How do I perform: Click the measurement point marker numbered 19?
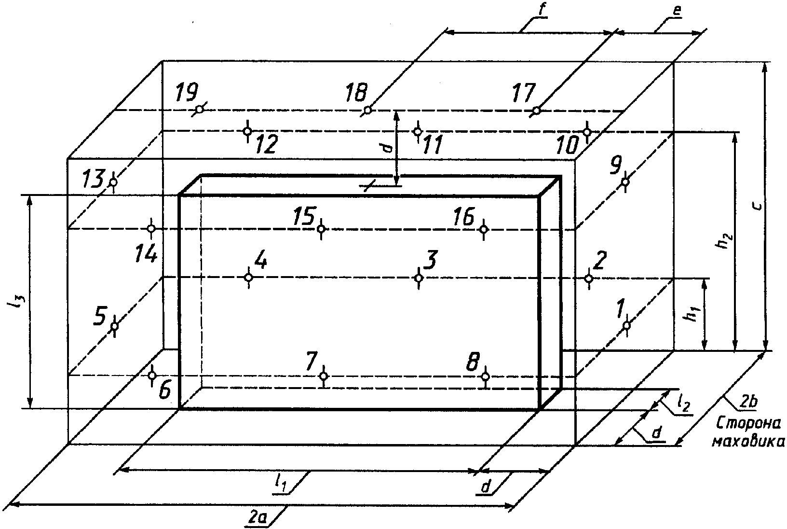tap(199, 109)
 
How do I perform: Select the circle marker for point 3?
tap(419, 278)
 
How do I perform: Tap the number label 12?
tap(266, 144)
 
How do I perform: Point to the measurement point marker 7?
tap(324, 376)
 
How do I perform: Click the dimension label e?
tap(678, 11)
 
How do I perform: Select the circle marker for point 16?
tap(484, 229)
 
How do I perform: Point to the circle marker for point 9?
tap(625, 181)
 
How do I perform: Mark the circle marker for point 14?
tap(151, 228)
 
